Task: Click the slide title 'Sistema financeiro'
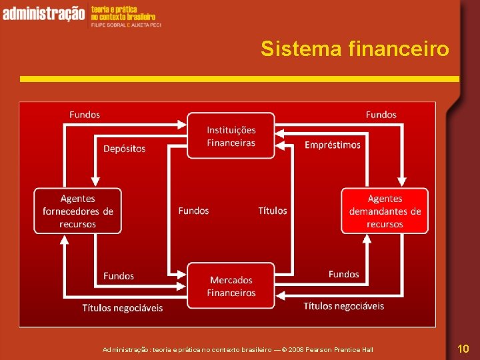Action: tap(355, 49)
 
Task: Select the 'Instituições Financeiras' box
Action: tap(231, 136)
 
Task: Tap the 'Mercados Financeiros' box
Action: tap(231, 286)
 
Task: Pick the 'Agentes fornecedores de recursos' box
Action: tap(78, 211)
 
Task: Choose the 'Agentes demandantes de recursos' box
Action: tap(385, 211)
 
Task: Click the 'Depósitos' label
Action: tap(124, 149)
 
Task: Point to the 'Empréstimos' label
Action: tap(332, 145)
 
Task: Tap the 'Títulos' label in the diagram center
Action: tap(273, 211)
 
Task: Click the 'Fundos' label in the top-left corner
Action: tap(85, 115)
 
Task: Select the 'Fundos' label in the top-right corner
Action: tap(381, 115)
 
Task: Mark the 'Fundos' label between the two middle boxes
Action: tap(193, 211)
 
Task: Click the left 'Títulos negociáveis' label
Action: tap(123, 307)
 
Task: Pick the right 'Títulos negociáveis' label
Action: tap(343, 306)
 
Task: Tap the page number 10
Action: tap(463, 348)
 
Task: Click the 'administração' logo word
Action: tap(43, 13)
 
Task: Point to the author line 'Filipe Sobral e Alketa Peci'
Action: tap(126, 23)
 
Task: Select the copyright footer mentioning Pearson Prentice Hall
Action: tap(238, 349)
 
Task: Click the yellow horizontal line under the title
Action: tap(239, 79)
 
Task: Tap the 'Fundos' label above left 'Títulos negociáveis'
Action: tap(119, 276)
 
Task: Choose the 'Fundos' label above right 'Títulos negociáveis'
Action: tap(343, 274)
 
